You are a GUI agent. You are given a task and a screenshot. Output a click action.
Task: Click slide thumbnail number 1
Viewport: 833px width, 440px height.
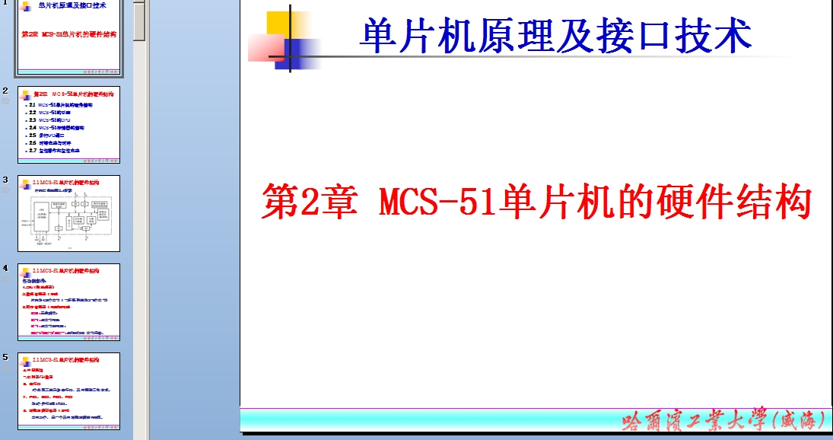coord(69,38)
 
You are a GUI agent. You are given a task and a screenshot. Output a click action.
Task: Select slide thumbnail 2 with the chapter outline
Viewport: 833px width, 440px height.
coord(69,124)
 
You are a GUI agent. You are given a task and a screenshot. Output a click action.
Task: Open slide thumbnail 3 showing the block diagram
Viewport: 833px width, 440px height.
coord(69,214)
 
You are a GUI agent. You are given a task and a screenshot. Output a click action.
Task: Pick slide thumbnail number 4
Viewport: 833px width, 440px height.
coord(69,302)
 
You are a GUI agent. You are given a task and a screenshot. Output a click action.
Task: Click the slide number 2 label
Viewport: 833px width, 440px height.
coord(5,90)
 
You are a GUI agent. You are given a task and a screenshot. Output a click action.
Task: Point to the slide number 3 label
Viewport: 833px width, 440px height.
coord(5,180)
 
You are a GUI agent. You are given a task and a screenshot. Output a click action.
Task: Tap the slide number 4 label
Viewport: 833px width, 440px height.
coord(5,268)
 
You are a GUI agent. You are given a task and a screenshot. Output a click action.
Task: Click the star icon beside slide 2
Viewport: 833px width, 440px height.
coord(6,100)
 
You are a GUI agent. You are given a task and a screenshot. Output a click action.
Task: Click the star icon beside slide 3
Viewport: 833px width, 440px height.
coord(6,190)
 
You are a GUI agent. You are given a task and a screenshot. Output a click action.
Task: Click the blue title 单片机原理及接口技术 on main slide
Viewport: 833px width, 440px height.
coord(555,36)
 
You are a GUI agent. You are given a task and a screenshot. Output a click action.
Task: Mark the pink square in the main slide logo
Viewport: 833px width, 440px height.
coord(264,48)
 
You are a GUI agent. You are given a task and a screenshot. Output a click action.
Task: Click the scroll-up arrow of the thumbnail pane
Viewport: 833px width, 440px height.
coord(139,5)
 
